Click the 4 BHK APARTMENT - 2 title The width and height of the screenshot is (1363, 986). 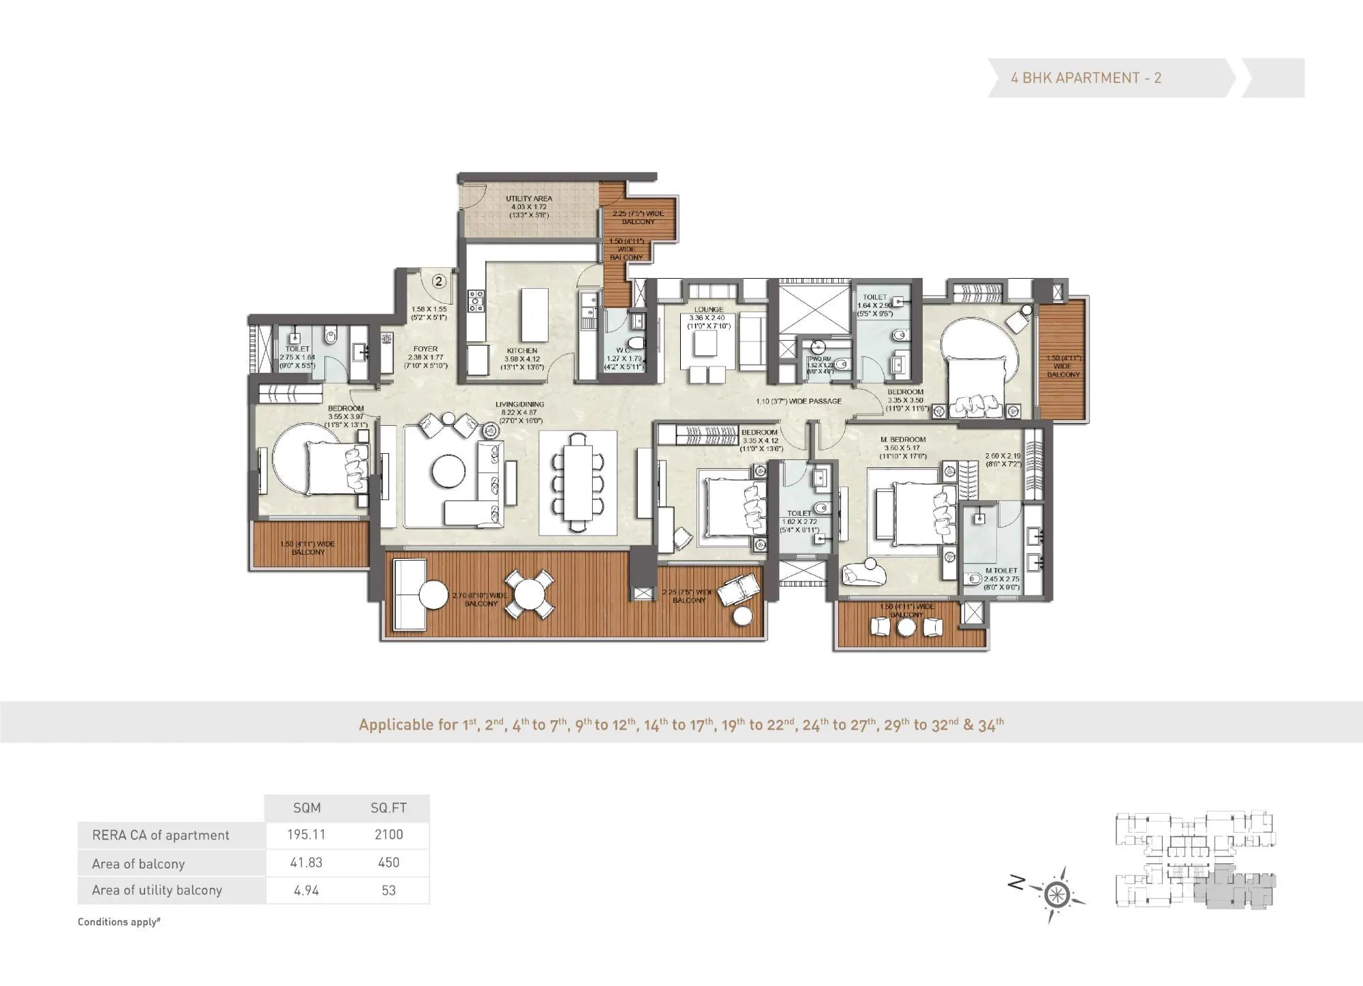point(1086,78)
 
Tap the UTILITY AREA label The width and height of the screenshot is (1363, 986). point(529,199)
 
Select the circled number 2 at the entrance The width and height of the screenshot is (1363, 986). point(439,281)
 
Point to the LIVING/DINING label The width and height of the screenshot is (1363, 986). point(519,404)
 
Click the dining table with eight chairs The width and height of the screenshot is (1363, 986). point(578,482)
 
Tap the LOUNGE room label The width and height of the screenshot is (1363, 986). point(709,309)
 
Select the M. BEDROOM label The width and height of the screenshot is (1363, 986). point(903,440)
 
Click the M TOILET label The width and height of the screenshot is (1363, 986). point(1001,570)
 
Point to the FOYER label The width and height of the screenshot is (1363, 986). point(425,349)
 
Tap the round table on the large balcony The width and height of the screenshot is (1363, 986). point(529,594)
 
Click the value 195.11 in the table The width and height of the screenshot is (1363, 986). point(306,835)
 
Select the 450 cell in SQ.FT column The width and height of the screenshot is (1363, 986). point(388,863)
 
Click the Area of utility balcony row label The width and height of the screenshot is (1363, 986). point(157,890)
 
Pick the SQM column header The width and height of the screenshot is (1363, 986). point(307,807)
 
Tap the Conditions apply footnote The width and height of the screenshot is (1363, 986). point(119,922)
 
